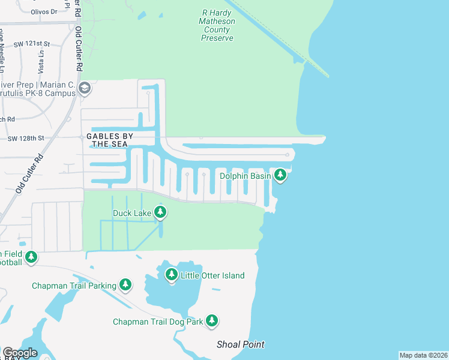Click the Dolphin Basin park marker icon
tap(280, 175)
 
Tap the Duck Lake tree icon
tap(160, 212)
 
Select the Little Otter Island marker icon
tap(172, 275)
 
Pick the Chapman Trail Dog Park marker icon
tap(211, 321)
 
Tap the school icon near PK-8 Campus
tap(85, 89)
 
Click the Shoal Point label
tap(240, 344)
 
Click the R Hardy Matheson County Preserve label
tap(217, 25)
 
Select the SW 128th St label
tap(26, 139)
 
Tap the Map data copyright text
tap(423, 355)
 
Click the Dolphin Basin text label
tap(245, 176)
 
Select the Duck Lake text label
tap(132, 212)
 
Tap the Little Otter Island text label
tap(212, 275)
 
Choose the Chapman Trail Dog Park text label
tap(158, 322)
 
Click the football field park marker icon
tap(31, 257)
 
